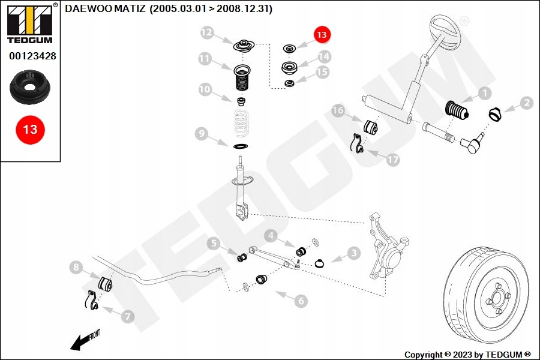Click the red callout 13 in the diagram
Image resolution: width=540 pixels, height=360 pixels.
[x=322, y=34]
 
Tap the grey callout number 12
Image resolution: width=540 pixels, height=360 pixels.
[x=207, y=32]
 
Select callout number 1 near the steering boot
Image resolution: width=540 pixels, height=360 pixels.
[x=485, y=93]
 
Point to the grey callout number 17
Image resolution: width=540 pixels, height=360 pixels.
[x=392, y=160]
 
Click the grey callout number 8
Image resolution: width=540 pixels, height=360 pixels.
[x=76, y=267]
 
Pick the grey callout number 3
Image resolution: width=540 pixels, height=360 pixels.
[x=353, y=253]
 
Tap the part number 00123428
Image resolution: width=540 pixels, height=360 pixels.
[x=33, y=56]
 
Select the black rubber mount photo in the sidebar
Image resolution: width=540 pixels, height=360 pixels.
[x=30, y=87]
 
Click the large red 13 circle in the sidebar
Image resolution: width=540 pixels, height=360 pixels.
[x=31, y=130]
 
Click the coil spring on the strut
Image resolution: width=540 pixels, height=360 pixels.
[x=241, y=124]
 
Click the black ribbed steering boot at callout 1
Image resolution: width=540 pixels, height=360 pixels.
[x=457, y=110]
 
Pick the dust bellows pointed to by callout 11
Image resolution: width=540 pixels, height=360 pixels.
[x=242, y=78]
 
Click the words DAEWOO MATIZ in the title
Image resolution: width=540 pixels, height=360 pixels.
[x=105, y=8]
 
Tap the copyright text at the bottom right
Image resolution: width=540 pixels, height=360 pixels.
[x=467, y=355]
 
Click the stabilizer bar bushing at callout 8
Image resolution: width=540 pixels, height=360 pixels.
[x=106, y=283]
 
